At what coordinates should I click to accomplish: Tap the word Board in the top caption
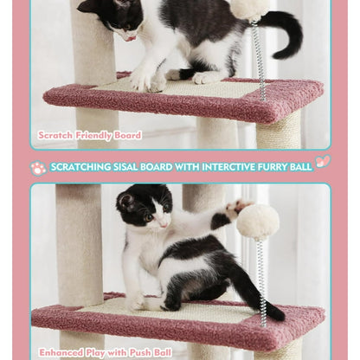(125, 135)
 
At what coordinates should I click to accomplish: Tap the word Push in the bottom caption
(134, 352)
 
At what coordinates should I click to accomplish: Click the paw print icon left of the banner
(38, 167)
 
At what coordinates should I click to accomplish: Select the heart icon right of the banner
(323, 162)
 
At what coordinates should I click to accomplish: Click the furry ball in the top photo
(249, 8)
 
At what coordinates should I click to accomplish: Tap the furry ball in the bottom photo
(257, 222)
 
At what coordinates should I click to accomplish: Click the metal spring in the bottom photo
(261, 277)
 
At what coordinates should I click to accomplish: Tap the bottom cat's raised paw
(234, 209)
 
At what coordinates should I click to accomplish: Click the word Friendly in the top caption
(89, 135)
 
